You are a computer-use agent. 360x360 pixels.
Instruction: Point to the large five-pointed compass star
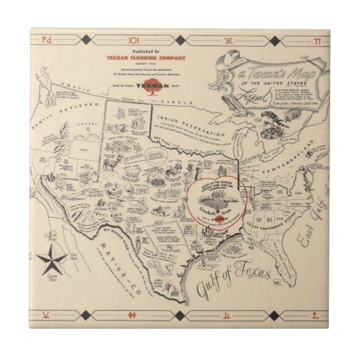point(52,257)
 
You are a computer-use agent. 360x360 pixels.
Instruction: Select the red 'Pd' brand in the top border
point(47,41)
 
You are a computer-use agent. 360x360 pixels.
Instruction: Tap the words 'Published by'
point(146,52)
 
